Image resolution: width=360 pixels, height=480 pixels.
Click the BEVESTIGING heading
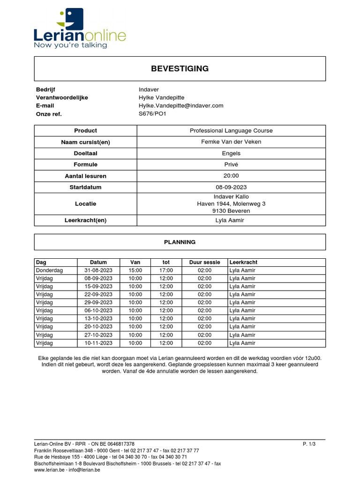pyautogui.click(x=180, y=69)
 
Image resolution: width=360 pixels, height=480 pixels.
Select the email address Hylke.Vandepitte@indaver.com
pyautogui.click(x=181, y=105)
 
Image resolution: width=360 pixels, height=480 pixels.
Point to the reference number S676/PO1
pyautogui.click(x=152, y=113)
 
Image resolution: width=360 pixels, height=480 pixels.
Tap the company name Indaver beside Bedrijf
pyautogui.click(x=149, y=90)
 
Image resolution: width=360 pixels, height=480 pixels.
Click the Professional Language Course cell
pyautogui.click(x=231, y=131)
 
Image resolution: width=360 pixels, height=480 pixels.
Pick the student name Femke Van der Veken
pyautogui.click(x=231, y=142)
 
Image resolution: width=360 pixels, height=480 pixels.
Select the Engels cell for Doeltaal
pyautogui.click(x=231, y=153)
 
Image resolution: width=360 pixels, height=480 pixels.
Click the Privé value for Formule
pyautogui.click(x=231, y=165)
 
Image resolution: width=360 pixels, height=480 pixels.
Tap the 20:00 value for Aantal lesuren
pyautogui.click(x=231, y=176)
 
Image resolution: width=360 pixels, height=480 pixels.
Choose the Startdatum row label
pyautogui.click(x=85, y=187)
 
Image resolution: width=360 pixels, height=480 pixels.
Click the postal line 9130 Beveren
pyautogui.click(x=231, y=211)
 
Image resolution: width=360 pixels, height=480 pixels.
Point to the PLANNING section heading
pyautogui.click(x=180, y=242)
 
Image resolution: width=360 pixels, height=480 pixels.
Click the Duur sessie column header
pyautogui.click(x=200, y=262)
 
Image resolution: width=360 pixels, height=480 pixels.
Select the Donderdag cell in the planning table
pyautogui.click(x=49, y=270)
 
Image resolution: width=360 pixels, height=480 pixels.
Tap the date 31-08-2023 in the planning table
pyautogui.click(x=98, y=270)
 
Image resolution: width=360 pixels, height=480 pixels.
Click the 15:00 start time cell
pyautogui.click(x=135, y=270)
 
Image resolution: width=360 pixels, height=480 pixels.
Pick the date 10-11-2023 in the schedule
pyautogui.click(x=98, y=343)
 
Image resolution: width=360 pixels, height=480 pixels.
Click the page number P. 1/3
pyautogui.click(x=309, y=444)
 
